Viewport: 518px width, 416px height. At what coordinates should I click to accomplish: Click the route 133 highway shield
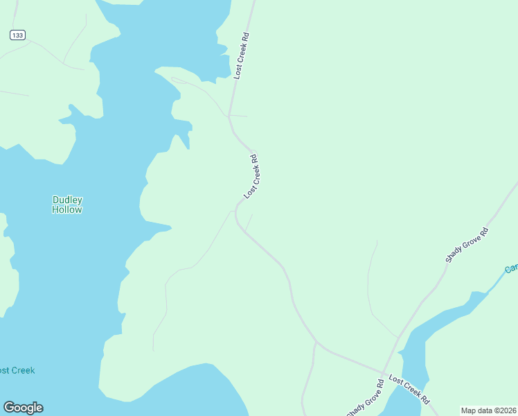(x=18, y=35)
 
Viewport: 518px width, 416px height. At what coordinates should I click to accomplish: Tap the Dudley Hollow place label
(x=67, y=205)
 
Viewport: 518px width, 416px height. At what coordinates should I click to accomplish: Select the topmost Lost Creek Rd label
(x=241, y=55)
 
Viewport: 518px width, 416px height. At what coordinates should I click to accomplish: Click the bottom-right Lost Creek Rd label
(x=409, y=390)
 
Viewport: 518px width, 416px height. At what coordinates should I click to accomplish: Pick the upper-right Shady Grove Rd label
(x=467, y=245)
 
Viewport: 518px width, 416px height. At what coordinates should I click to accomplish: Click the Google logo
(x=23, y=408)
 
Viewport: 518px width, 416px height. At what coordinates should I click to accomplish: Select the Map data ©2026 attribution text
(x=489, y=410)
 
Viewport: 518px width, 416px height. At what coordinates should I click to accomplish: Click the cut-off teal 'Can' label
(x=511, y=268)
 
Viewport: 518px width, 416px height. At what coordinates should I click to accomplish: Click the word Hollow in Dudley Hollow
(x=67, y=209)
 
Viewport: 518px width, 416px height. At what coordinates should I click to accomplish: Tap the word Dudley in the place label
(x=67, y=200)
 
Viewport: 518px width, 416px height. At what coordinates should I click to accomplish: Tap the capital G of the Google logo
(x=9, y=408)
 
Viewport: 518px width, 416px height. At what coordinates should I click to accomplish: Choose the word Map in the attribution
(x=469, y=410)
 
